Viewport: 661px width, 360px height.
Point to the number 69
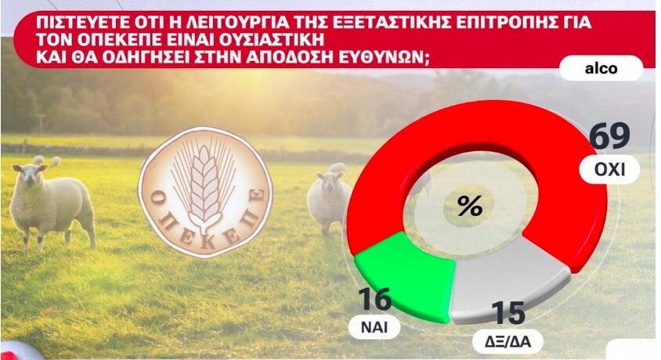(x=609, y=135)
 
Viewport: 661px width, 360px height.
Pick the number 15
(x=508, y=313)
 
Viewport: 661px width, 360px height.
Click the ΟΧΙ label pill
(x=609, y=169)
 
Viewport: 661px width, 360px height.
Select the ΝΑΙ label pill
(x=374, y=326)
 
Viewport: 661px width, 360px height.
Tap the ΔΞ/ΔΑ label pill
(x=507, y=341)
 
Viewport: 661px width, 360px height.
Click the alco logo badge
(x=601, y=68)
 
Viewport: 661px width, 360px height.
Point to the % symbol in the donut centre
(x=470, y=207)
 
